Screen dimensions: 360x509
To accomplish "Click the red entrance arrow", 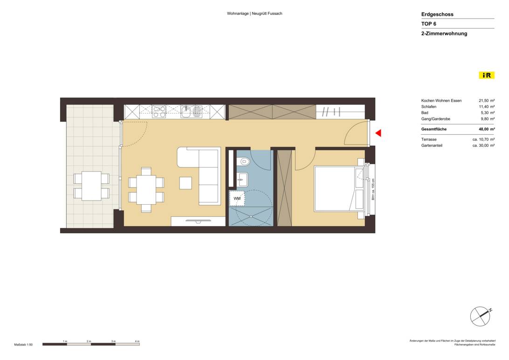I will pyautogui.click(x=378, y=133).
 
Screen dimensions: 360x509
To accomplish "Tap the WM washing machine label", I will pyautogui.click(x=237, y=199).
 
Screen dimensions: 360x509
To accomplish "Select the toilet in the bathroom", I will pyautogui.click(x=243, y=161).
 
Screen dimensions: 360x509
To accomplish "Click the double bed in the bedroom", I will pyautogui.click(x=335, y=187).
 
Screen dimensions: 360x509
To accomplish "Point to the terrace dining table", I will pyautogui.click(x=91, y=186).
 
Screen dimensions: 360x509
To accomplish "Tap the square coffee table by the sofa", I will pyautogui.click(x=186, y=183).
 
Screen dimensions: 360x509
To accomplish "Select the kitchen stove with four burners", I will pyautogui.click(x=159, y=111).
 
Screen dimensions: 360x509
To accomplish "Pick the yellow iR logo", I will pyautogui.click(x=486, y=75).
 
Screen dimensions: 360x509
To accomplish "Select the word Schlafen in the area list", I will pyautogui.click(x=429, y=107).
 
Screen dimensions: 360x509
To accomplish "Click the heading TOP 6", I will pyautogui.click(x=428, y=24).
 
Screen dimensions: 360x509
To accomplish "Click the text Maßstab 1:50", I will pyautogui.click(x=23, y=344).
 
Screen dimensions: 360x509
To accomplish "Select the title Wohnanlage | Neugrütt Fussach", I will pyautogui.click(x=254, y=14).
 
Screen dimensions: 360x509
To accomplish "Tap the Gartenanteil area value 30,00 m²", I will pyautogui.click(x=483, y=145).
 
